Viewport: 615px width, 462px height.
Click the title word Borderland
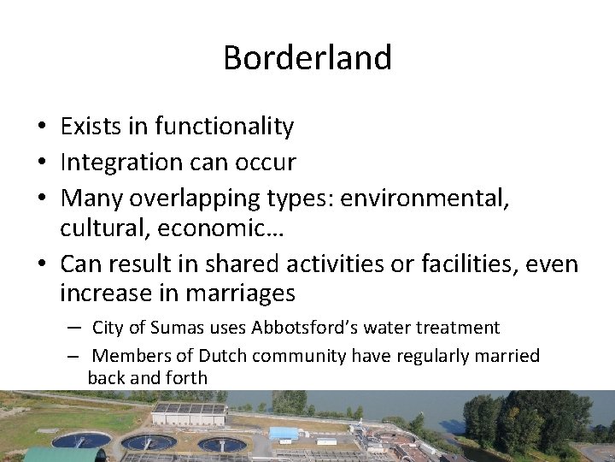coord(307,58)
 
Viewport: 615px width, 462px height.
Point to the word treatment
coord(457,328)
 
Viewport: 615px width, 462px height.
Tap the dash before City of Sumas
coord(75,328)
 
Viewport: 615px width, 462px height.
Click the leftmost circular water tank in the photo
coord(81,440)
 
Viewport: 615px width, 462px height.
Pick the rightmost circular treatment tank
coord(222,444)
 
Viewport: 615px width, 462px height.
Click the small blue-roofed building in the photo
coord(283,433)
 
